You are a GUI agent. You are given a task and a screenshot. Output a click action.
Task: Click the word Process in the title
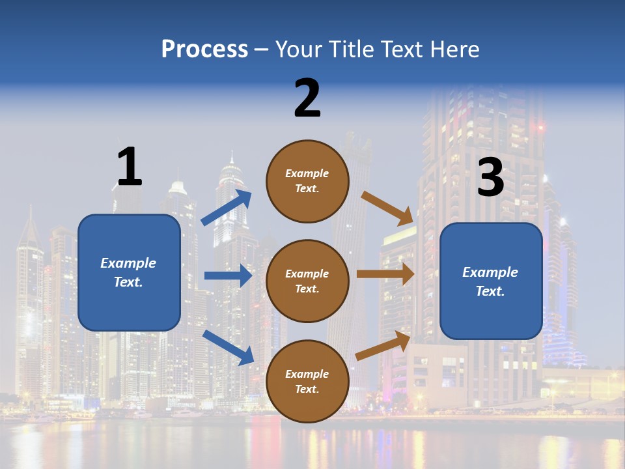(204, 49)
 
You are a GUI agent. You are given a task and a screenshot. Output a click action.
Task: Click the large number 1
(129, 167)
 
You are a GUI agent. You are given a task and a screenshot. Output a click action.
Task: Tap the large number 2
(307, 98)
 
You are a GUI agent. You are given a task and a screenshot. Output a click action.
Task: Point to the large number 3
(490, 177)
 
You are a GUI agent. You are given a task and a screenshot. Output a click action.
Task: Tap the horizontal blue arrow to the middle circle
(228, 276)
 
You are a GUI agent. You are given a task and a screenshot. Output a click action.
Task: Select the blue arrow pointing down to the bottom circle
(228, 347)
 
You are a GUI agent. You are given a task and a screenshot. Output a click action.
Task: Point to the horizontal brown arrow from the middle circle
(385, 274)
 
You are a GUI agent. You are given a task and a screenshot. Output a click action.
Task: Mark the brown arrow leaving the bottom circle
(383, 346)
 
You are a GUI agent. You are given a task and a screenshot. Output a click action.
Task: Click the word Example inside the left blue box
(128, 263)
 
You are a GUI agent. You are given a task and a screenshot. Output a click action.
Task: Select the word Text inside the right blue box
(490, 291)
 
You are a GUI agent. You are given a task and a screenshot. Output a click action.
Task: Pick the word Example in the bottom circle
(307, 374)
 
